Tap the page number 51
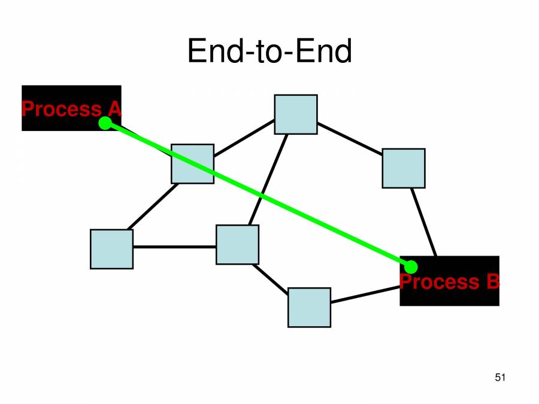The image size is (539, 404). (501, 377)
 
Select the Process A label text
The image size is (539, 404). (71, 109)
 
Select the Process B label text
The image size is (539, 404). (449, 281)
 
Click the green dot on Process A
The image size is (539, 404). (105, 123)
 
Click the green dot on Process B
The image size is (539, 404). (411, 267)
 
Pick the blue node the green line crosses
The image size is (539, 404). (192, 163)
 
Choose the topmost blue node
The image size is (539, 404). (296, 114)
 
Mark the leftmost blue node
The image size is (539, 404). (112, 249)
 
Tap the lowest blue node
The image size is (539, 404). (309, 307)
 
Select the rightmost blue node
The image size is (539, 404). (404, 168)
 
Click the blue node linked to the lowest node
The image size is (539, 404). (238, 244)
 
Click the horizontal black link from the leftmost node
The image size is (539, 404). (174, 247)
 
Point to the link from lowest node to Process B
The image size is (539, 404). (365, 295)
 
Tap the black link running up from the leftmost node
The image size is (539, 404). (153, 206)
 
